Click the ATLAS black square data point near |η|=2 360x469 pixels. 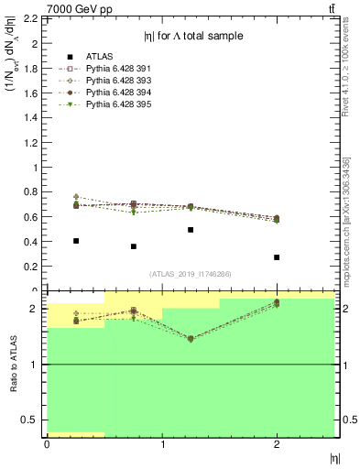[277, 257]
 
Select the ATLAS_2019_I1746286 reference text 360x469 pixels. [191, 274]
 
